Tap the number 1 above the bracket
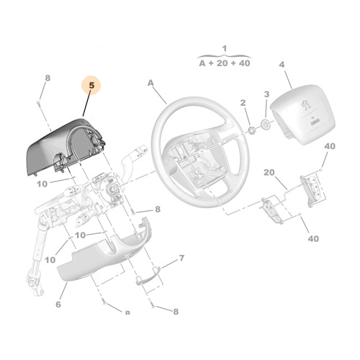224,49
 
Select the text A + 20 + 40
224,63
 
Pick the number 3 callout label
266,94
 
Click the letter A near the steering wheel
151,84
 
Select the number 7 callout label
181,257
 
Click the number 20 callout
269,173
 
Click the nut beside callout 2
252,130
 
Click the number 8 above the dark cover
48,78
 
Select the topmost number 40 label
330,146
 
